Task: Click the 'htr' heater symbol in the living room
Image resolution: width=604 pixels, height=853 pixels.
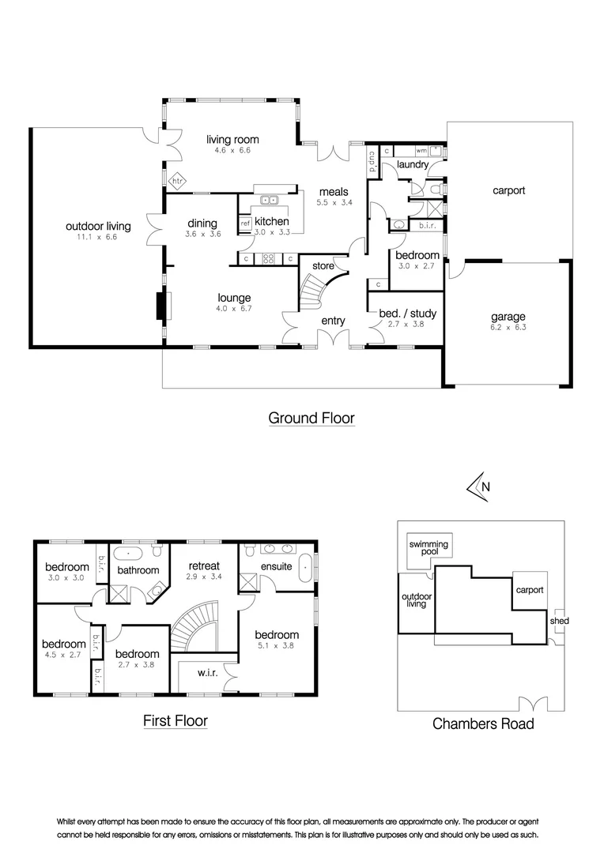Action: coord(178,181)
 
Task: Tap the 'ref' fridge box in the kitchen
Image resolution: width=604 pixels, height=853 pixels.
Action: coord(245,223)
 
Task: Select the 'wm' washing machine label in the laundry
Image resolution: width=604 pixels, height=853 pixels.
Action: coord(421,150)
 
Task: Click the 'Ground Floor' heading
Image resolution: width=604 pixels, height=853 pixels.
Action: coord(311,418)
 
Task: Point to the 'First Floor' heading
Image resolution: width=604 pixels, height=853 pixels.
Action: coord(176,721)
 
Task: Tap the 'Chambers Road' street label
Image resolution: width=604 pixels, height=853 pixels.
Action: coord(483,723)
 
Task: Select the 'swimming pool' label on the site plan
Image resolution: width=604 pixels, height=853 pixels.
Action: coord(428,548)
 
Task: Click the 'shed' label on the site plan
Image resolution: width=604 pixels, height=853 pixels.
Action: coord(560,621)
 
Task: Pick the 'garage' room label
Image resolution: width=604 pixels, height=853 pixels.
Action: coord(508,317)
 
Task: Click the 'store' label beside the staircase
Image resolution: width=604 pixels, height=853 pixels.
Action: coord(323,266)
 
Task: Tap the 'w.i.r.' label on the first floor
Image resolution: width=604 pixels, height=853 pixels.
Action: coord(207,673)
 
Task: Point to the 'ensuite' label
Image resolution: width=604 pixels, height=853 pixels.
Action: coord(276,566)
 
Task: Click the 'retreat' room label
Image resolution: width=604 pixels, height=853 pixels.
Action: coord(204,566)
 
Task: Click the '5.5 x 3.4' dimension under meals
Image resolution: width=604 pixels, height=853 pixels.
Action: coord(334,202)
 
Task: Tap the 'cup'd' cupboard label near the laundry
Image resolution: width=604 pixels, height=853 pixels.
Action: coord(373,162)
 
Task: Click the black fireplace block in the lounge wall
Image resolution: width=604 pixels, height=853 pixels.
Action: coord(161,306)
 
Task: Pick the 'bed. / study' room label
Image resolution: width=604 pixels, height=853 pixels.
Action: coord(408,314)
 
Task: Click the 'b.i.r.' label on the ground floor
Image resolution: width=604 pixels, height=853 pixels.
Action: coord(427,225)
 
